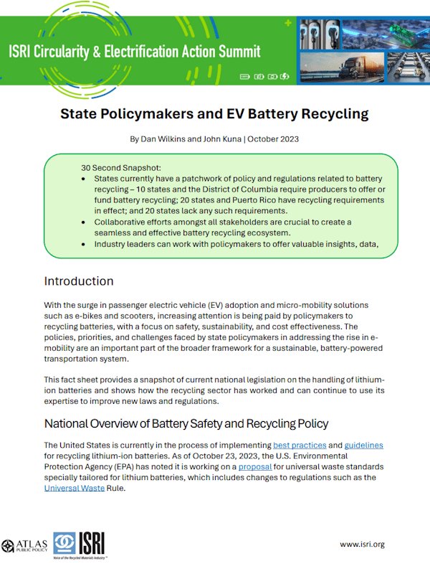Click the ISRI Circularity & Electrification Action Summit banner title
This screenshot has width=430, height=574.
tap(134, 52)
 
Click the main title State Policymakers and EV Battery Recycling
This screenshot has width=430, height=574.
tap(214, 113)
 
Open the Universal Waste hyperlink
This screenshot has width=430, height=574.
tap(74, 488)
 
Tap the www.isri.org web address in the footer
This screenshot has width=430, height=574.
tap(362, 544)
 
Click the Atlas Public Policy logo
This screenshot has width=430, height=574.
tap(24, 544)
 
